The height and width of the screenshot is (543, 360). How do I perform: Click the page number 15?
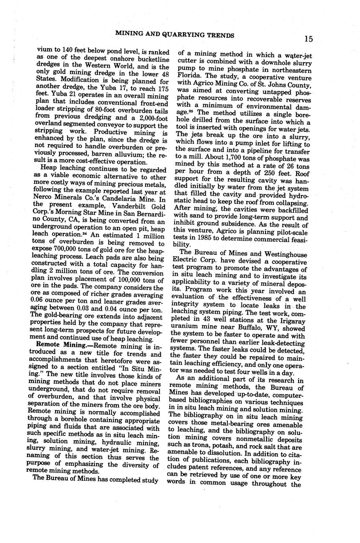[308, 39]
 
